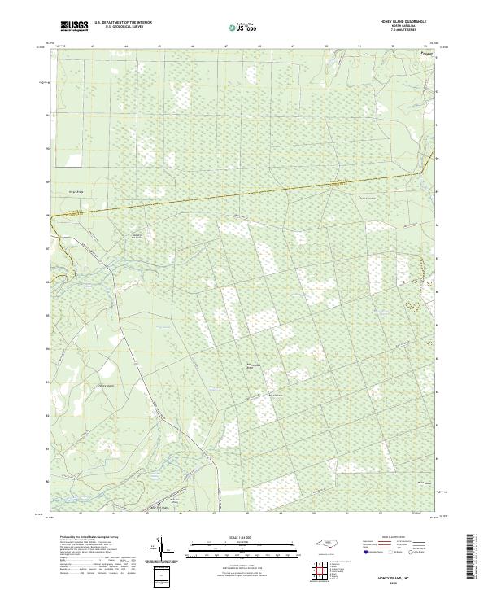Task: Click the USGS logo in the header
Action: pyautogui.click(x=74, y=26)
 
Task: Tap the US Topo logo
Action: pyautogui.click(x=242, y=27)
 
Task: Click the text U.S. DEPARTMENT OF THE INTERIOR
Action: pyautogui.click(x=123, y=23)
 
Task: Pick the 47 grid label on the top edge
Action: pyautogui.click(x=224, y=46)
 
